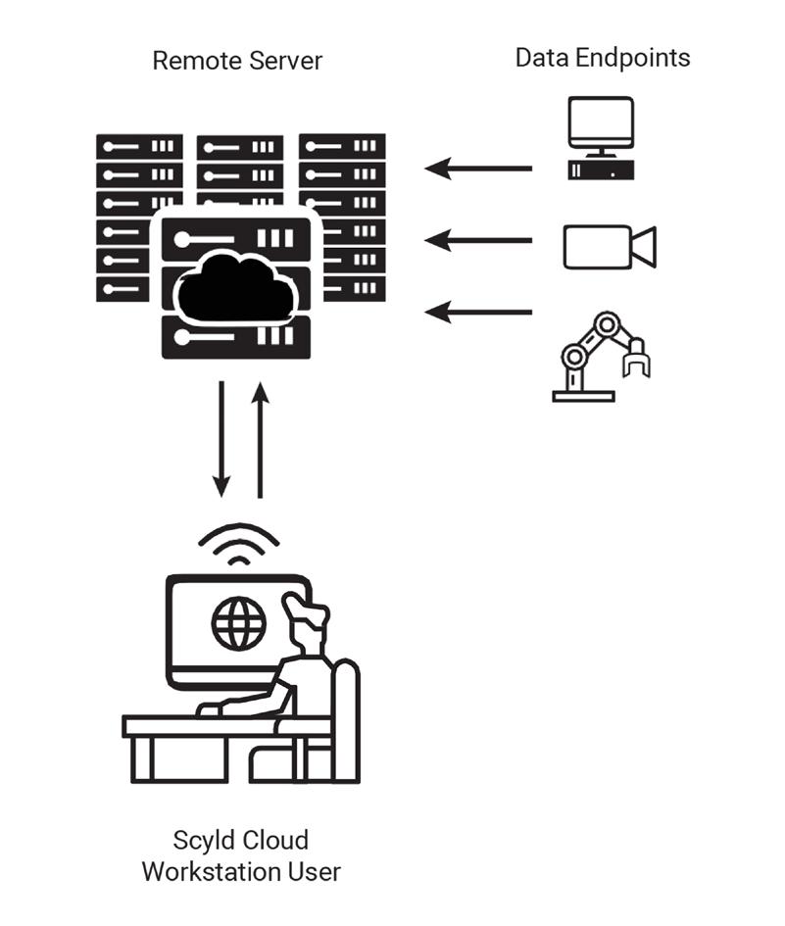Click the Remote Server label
coord(237,61)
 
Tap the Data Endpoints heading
coord(602,57)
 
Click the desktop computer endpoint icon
coord(600,138)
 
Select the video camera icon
coord(609,246)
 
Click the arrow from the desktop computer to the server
coord(478,169)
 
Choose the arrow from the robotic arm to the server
coord(478,313)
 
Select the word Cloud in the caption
coord(276,841)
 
